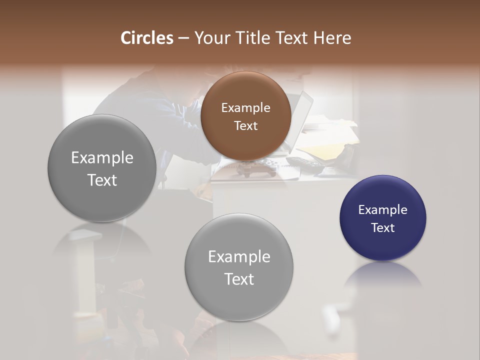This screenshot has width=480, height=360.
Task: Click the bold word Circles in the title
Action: point(147,38)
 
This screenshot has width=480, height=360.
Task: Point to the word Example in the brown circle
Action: point(245,107)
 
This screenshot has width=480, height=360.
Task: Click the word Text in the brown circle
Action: point(245,125)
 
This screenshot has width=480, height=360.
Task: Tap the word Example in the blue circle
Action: point(383,209)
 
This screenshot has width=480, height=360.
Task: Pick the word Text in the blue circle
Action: point(383,227)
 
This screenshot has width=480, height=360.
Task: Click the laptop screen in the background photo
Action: point(301,117)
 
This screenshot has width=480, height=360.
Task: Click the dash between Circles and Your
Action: point(183,38)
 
